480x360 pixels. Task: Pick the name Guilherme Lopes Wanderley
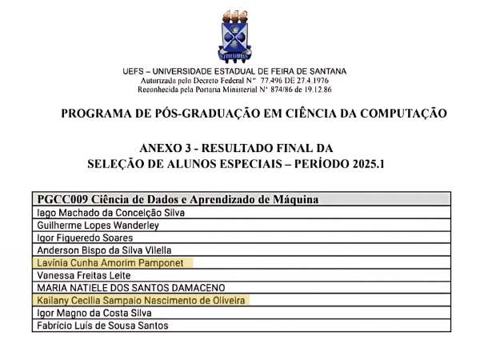97,225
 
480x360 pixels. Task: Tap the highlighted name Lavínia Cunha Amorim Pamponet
114,262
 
